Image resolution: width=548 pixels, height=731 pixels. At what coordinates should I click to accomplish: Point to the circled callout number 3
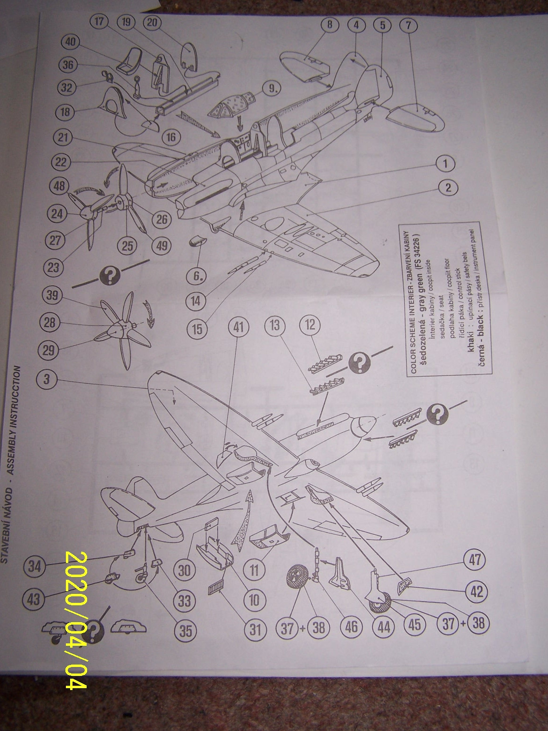(x=46, y=380)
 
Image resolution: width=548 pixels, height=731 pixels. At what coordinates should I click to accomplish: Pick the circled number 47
(x=476, y=560)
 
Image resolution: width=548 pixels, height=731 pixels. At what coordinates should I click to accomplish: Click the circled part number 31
(x=255, y=629)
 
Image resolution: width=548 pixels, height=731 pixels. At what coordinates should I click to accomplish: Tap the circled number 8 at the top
(x=330, y=24)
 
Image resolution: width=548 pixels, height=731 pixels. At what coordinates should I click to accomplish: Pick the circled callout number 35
(x=185, y=630)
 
